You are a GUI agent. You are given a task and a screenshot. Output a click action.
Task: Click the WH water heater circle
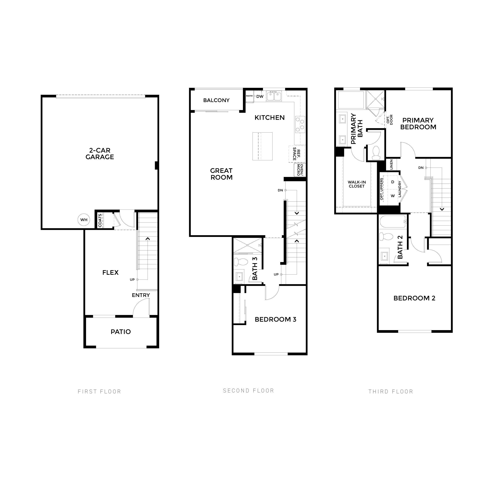pos(84,220)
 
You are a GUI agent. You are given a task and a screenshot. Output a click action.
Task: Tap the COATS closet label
pos(100,220)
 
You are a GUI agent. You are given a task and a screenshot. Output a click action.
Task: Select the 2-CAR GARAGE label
pos(100,154)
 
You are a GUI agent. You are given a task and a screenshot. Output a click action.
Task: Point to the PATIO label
pos(121,331)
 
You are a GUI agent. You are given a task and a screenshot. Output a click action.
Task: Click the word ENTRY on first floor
pos(141,295)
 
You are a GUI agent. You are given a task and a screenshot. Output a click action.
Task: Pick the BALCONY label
pos(216,100)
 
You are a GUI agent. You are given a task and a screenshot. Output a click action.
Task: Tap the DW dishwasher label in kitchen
pos(260,96)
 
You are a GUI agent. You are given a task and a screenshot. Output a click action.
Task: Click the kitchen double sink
pos(274,96)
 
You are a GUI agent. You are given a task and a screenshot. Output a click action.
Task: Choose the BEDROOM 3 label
pos(276,319)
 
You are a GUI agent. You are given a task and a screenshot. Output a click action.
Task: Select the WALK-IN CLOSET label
pos(357,184)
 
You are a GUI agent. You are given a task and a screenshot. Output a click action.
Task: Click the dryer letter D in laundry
pos(393,182)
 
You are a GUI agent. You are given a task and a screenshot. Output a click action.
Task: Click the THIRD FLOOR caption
pos(391,391)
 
